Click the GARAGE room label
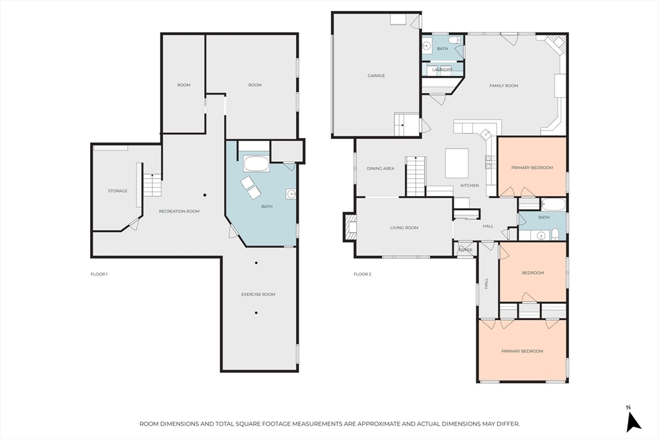(x=376, y=76)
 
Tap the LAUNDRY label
(x=442, y=69)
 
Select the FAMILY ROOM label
(x=503, y=85)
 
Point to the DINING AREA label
(x=380, y=168)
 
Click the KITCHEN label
(x=469, y=186)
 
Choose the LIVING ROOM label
(x=404, y=228)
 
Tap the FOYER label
(x=465, y=250)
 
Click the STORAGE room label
(x=118, y=191)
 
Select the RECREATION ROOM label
(x=179, y=211)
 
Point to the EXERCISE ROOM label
(x=258, y=294)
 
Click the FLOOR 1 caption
(x=98, y=274)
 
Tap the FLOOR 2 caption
(x=362, y=274)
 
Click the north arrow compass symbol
(x=633, y=420)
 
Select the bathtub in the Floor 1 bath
(x=256, y=164)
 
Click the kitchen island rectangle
(x=457, y=163)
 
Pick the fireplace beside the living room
(x=350, y=227)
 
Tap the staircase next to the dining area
(x=416, y=176)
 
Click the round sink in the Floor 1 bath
(x=291, y=194)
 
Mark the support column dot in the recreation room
(x=205, y=195)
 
